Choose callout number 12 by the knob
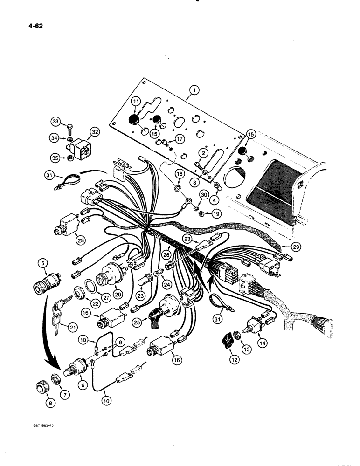[233, 359]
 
